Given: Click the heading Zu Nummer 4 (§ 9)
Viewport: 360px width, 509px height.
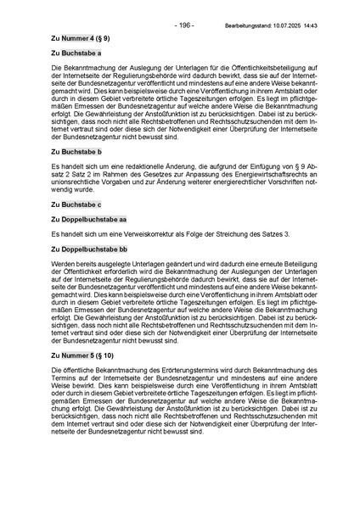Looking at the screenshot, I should point(80,39).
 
